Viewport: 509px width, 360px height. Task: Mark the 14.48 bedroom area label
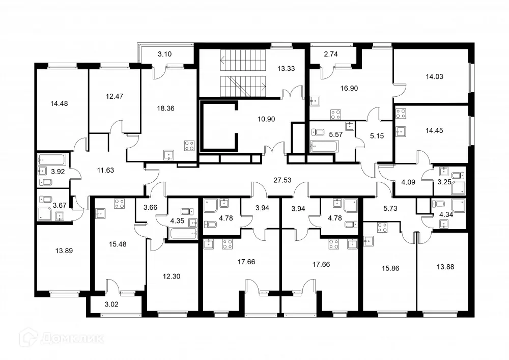pos(59,103)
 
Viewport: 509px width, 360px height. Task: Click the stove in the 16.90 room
pos(335,114)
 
